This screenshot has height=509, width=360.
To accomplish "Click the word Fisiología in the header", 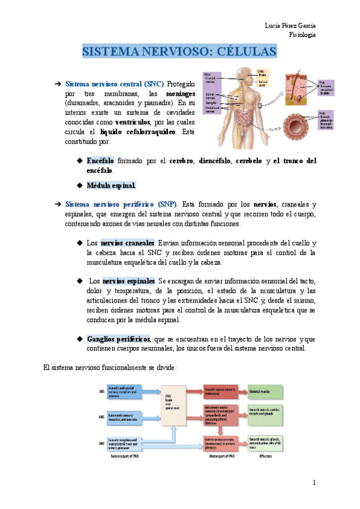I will (x=302, y=34).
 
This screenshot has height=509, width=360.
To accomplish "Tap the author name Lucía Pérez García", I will (x=291, y=25).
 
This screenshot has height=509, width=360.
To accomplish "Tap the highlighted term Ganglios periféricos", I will (x=119, y=339).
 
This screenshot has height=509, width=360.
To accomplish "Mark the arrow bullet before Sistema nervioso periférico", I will (x=58, y=204).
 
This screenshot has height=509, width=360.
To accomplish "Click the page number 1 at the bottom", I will (x=314, y=483).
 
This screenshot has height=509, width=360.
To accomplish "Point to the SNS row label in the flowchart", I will (x=101, y=392).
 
